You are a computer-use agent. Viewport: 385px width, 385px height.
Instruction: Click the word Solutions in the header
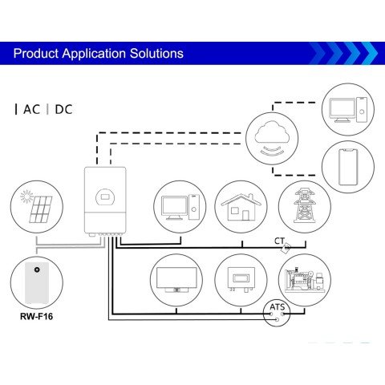coord(156,54)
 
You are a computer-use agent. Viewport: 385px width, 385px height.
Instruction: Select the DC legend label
coord(63,109)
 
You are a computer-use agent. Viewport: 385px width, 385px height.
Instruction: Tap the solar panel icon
coord(38,208)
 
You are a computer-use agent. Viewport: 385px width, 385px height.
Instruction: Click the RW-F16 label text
coord(37,315)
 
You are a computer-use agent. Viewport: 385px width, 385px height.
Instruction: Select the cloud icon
coord(271,133)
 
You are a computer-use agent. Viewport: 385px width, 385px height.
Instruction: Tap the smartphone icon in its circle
coord(347,166)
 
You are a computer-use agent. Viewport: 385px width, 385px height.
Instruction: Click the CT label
coord(279,241)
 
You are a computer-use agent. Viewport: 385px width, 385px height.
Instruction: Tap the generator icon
coord(304,280)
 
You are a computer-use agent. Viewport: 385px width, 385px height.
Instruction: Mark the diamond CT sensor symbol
coord(286,249)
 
